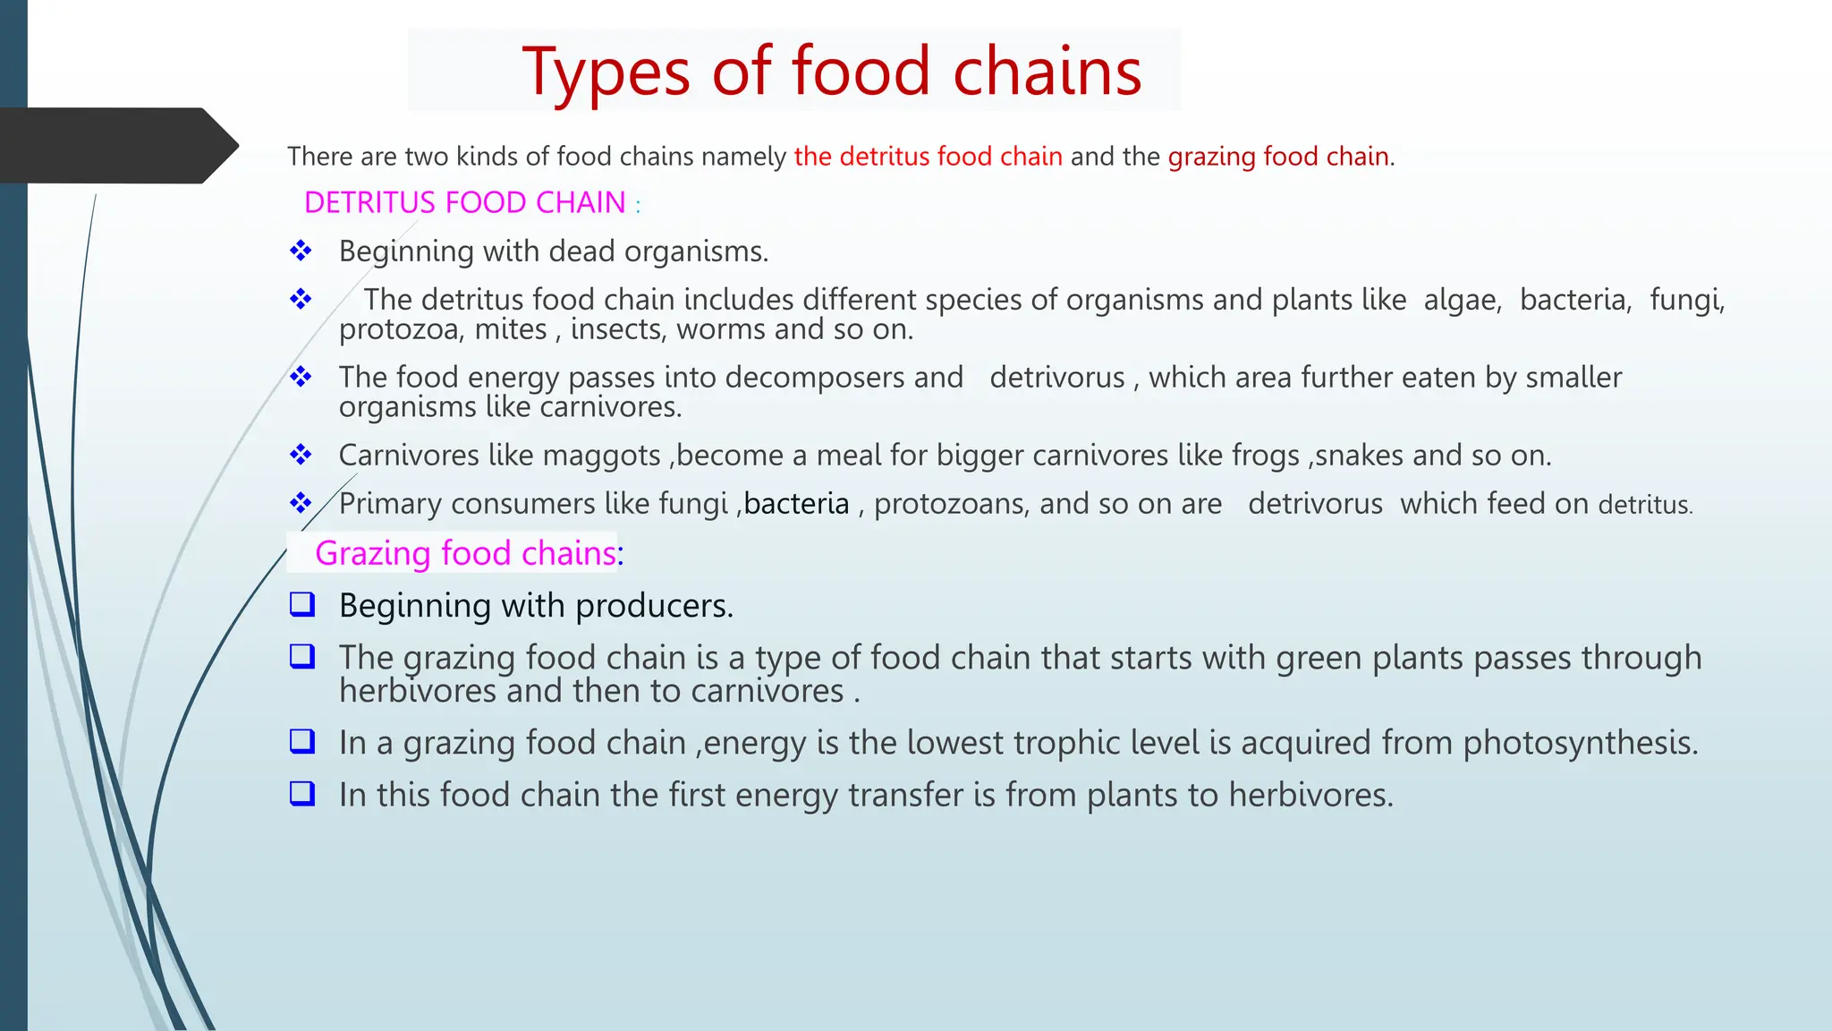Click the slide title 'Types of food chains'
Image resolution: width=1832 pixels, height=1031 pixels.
pos(832,72)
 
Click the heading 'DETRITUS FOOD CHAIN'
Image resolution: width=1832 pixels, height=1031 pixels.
pos(464,203)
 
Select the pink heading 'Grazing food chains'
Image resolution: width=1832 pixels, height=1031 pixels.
pos(466,553)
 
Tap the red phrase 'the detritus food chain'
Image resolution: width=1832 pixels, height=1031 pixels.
pos(928,157)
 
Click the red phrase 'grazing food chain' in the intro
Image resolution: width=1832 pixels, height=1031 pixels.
pos(1278,157)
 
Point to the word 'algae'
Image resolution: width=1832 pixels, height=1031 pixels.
pos(1462,300)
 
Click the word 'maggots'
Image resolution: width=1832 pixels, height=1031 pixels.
pos(601,456)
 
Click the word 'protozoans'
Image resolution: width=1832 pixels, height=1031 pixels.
pos(949,504)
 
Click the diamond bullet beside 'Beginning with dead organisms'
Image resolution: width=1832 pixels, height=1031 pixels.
pos(301,251)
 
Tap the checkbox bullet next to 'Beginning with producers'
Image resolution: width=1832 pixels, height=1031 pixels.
pos(302,605)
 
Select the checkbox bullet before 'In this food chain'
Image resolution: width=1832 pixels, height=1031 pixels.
pos(302,794)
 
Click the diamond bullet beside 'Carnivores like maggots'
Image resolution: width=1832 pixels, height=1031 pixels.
pos(301,455)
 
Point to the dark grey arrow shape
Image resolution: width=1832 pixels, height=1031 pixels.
pos(116,145)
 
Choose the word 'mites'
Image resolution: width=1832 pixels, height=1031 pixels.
pos(510,330)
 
